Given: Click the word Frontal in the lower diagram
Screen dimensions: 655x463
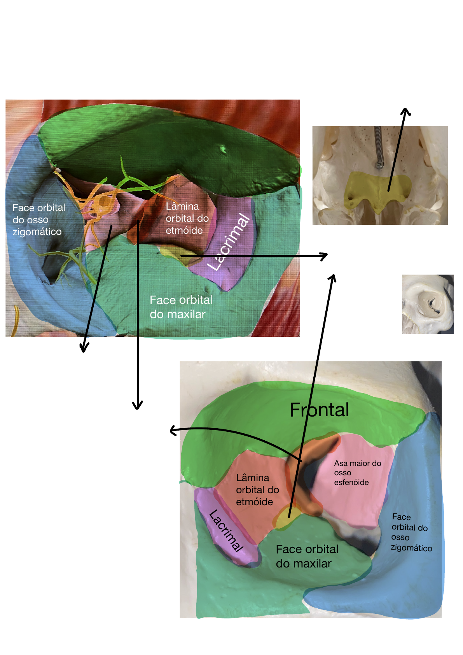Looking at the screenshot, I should point(319,410).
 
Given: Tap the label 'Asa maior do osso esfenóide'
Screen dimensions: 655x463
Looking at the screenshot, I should point(357,473).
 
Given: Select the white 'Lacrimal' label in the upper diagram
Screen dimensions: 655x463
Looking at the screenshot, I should point(229,242).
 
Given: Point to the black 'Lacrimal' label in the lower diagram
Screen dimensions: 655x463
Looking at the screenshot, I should point(226,531).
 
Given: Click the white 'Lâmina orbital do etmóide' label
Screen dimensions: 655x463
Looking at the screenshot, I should point(187,218).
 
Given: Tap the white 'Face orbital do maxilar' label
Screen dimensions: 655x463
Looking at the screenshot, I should point(181,307).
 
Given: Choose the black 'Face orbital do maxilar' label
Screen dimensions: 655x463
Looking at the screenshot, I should point(307,556).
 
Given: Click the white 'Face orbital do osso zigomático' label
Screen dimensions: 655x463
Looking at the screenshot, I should point(38,220).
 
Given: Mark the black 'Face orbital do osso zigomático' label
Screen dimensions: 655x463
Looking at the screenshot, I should point(411,532).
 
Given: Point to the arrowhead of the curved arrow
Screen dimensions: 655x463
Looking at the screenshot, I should point(172,431).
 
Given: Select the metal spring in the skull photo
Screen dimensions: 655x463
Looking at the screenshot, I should point(378,148).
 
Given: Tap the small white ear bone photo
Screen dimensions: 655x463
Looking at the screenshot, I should point(428,304).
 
